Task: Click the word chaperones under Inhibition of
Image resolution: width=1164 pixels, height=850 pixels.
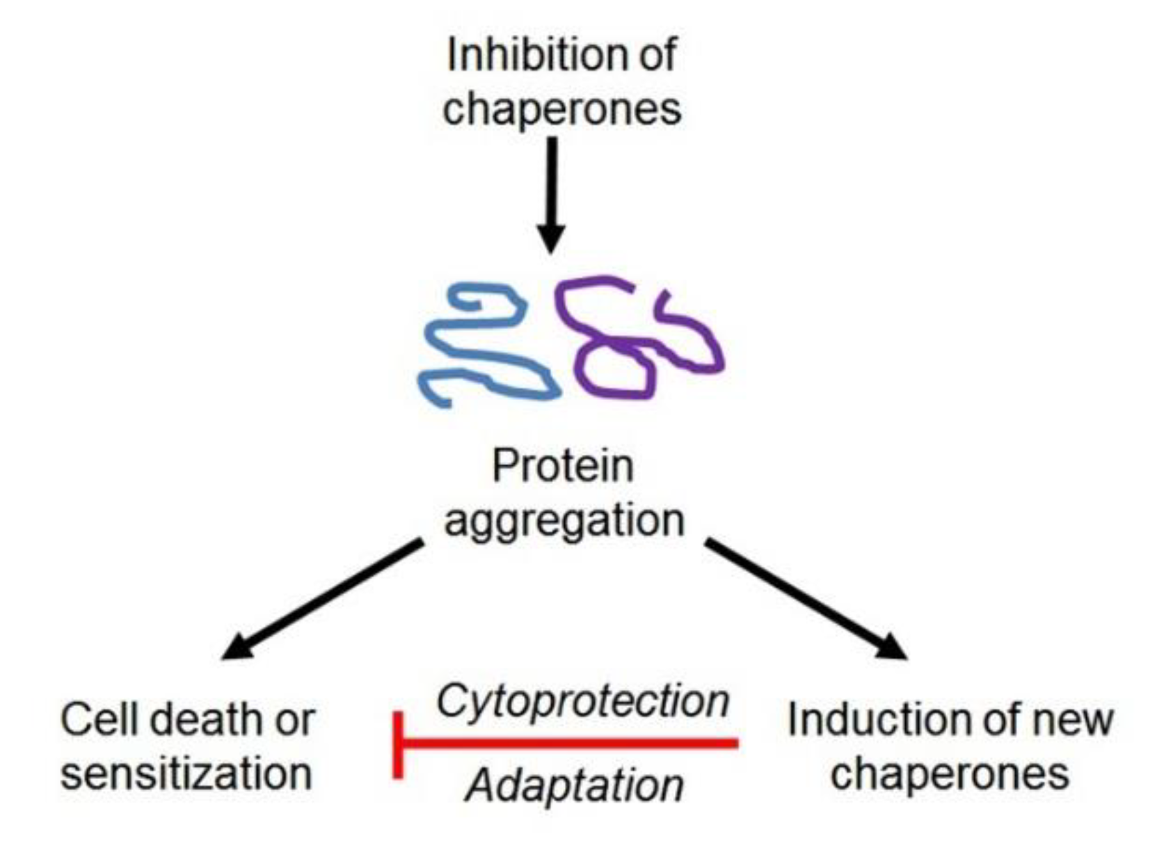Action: (561, 110)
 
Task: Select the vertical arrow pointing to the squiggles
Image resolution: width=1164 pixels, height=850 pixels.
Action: (552, 188)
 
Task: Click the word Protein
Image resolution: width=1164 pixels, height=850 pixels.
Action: (562, 466)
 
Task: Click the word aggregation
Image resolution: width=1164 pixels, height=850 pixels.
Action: (564, 520)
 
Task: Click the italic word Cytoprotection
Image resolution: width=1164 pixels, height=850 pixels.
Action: (582, 701)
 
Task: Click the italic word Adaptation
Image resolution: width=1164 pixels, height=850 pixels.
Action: (575, 786)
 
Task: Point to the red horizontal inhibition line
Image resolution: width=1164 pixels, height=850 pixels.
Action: (571, 744)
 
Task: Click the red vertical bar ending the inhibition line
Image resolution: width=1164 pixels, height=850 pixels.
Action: (398, 744)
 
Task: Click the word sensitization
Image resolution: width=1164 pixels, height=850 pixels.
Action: (186, 773)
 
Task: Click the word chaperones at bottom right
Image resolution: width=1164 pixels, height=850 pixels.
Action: (949, 773)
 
